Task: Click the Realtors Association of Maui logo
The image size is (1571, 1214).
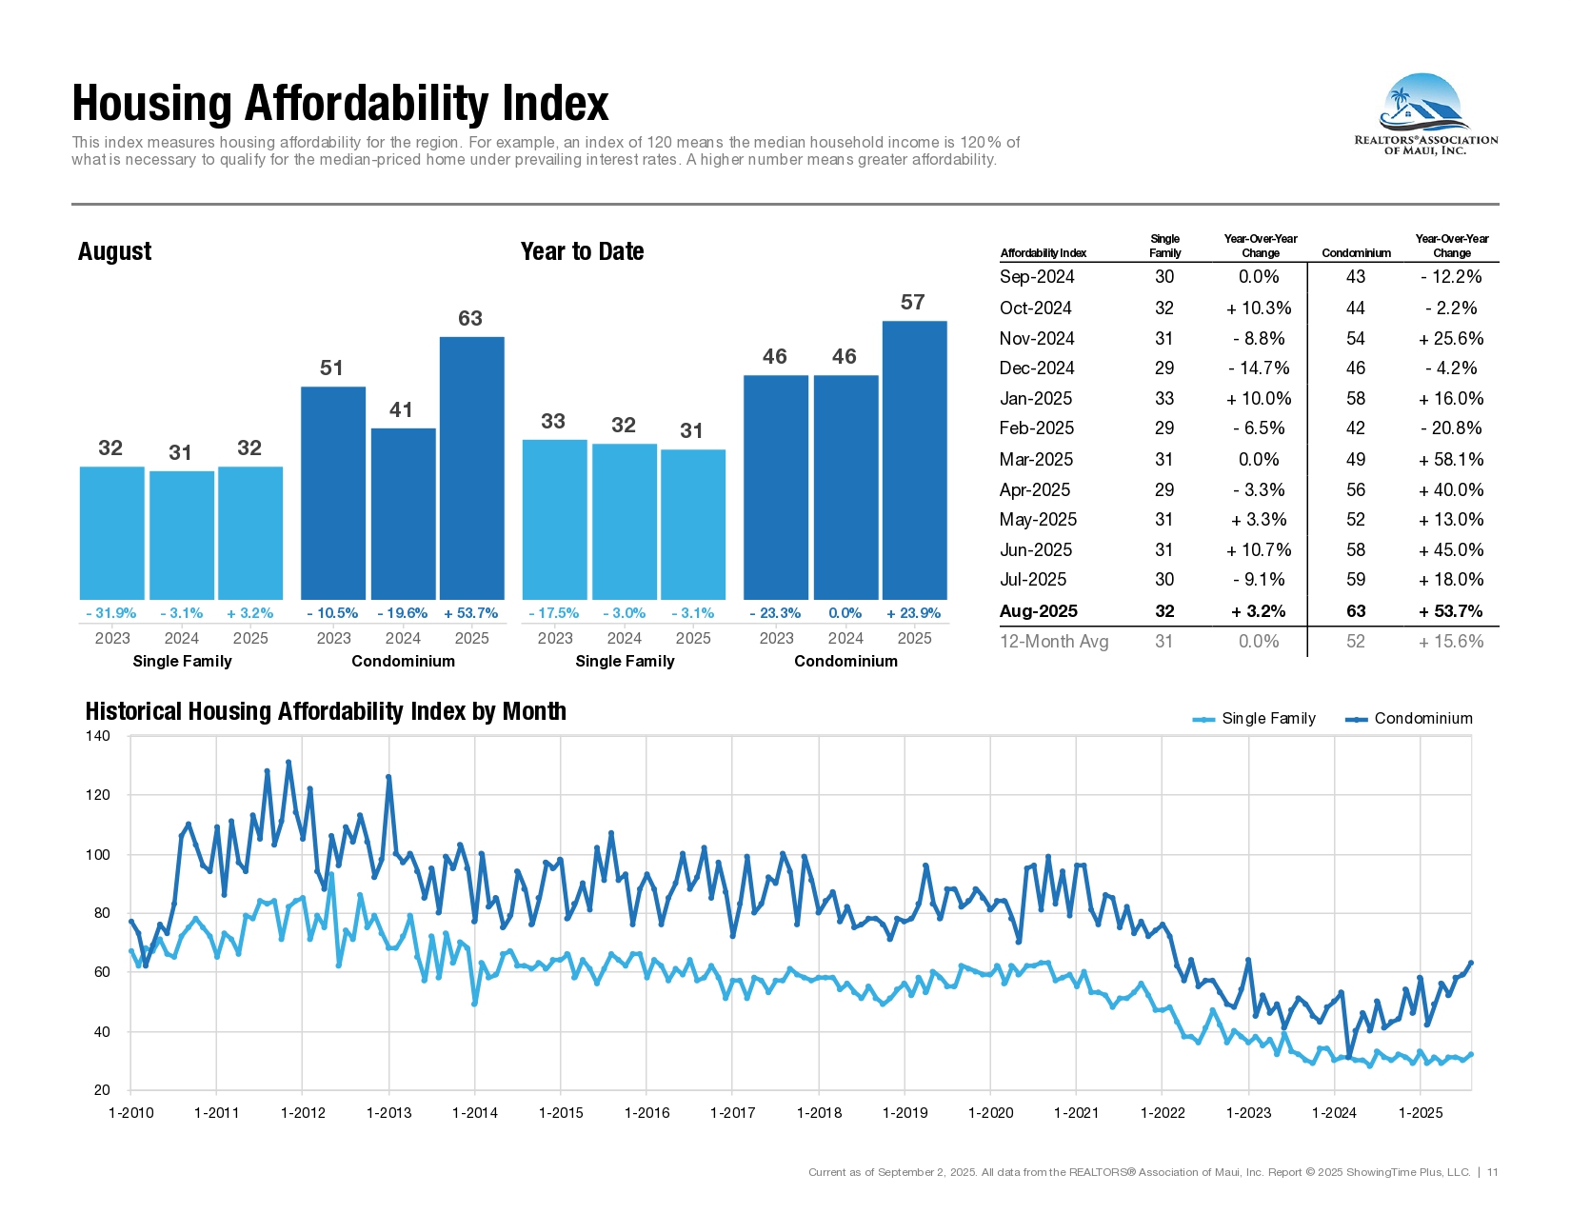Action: [x=1425, y=114]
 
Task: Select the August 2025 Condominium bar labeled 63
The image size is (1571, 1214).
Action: [x=471, y=468]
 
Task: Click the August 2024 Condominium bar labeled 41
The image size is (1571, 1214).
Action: [x=404, y=513]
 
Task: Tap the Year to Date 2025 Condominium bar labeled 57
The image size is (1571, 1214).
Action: [x=915, y=460]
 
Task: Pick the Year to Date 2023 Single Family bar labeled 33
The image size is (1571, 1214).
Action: [x=554, y=519]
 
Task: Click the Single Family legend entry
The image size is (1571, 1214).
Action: [x=1254, y=718]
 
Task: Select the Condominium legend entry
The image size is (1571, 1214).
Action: [x=1408, y=718]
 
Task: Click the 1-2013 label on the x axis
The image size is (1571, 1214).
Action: [x=389, y=1113]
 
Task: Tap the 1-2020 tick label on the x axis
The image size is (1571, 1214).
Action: [x=990, y=1113]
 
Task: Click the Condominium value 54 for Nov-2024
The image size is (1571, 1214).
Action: [x=1356, y=338]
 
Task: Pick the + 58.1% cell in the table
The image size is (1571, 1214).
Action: [x=1451, y=459]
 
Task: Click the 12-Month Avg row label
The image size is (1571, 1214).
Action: [x=1053, y=642]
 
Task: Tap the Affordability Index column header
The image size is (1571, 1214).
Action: [x=1044, y=253]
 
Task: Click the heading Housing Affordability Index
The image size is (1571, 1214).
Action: [x=340, y=103]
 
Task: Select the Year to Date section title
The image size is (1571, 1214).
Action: [x=582, y=251]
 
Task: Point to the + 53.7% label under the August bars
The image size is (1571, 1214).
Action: [x=470, y=613]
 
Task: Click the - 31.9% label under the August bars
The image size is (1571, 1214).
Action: [x=110, y=613]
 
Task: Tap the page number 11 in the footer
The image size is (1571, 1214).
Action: [x=1492, y=1172]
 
